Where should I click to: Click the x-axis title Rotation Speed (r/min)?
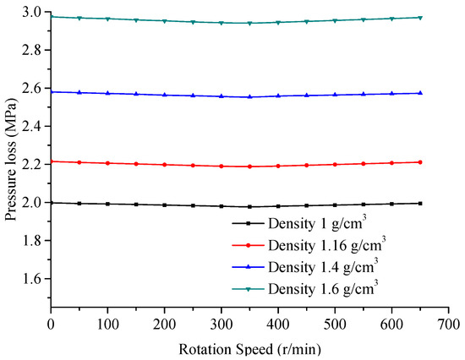point(250,347)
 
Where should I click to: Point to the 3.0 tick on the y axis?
point(33,12)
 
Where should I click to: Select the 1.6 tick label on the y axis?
point(33,278)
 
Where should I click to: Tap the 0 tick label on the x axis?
point(51,325)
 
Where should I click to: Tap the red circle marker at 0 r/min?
point(51,161)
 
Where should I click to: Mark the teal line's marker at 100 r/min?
point(107,19)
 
